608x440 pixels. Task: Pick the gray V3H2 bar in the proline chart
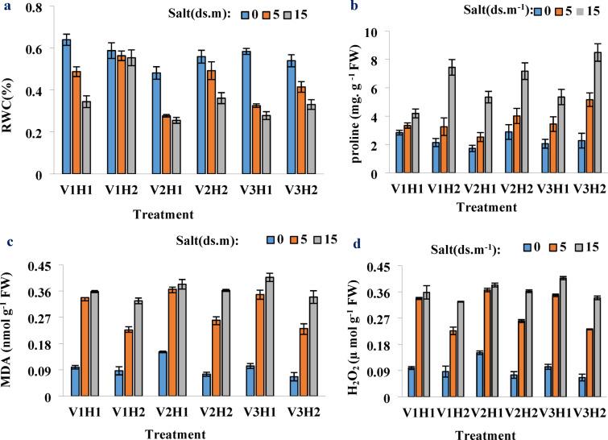(598, 113)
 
